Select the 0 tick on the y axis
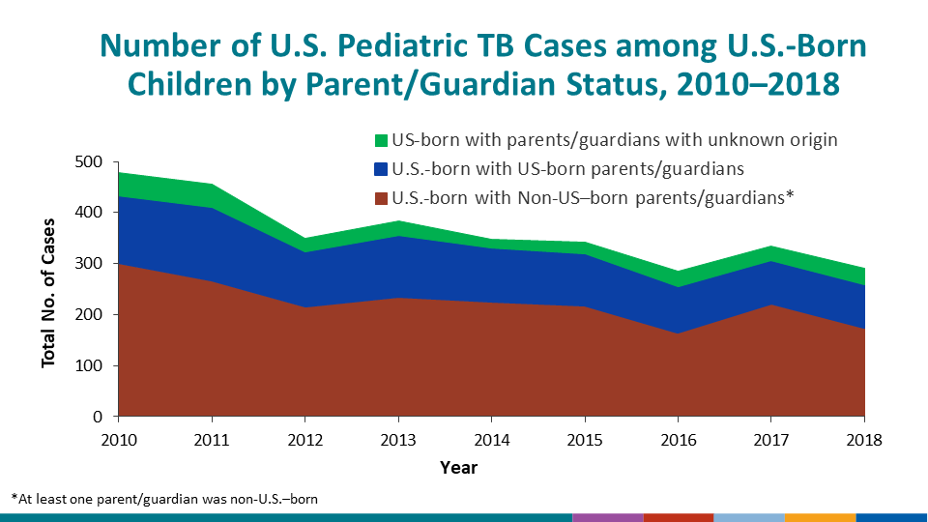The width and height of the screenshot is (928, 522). [x=98, y=418]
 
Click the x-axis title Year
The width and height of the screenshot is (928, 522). [x=458, y=468]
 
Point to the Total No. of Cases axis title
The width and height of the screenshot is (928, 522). [x=48, y=289]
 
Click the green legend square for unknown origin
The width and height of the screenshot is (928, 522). [x=380, y=140]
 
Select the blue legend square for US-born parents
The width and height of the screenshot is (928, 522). [x=380, y=169]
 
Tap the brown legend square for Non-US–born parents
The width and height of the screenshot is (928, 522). [x=380, y=199]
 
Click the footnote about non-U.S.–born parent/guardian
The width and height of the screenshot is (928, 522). [x=164, y=499]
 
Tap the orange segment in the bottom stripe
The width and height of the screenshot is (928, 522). [x=820, y=517]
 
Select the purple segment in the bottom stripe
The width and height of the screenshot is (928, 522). [x=607, y=517]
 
